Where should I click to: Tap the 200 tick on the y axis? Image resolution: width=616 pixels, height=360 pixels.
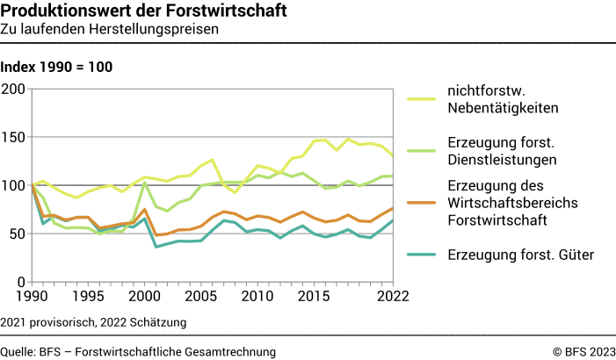coord(14,89)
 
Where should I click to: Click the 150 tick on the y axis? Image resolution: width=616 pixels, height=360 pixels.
coord(14,137)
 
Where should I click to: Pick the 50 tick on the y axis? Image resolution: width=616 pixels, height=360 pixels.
coord(18,234)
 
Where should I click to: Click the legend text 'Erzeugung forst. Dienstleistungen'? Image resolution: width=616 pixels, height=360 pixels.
coord(503,151)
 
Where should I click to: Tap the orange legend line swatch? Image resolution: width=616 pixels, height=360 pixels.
coord(422,203)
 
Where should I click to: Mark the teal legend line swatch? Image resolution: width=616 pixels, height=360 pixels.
coord(422,256)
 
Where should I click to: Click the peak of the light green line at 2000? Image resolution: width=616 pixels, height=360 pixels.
coord(145,183)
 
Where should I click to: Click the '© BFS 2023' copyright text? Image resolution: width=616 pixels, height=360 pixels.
coord(583,351)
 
